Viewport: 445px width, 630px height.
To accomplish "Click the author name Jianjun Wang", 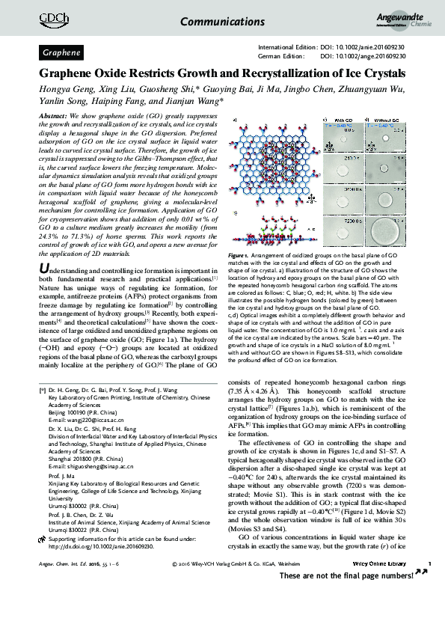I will click(193, 103).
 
